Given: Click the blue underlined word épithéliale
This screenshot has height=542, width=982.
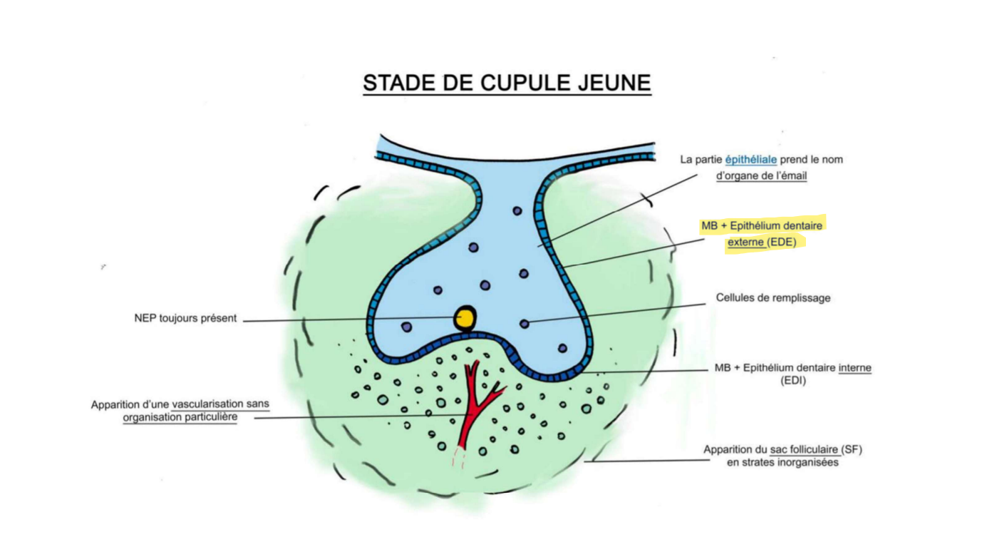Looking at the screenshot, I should (x=751, y=159).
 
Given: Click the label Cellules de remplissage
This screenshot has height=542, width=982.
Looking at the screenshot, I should (x=773, y=297).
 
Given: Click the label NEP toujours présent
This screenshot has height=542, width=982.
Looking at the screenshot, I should (x=185, y=318).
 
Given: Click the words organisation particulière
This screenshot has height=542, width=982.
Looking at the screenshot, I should (x=180, y=417).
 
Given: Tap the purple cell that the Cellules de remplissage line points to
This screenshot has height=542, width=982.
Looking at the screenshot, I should (x=524, y=324).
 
